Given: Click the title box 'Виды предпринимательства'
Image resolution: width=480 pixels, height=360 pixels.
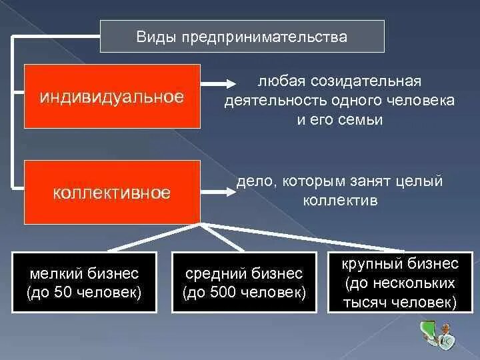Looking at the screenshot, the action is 242,37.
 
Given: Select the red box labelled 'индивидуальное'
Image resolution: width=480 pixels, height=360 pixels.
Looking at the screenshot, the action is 112,96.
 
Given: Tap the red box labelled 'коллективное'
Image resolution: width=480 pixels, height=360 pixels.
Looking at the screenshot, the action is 112,193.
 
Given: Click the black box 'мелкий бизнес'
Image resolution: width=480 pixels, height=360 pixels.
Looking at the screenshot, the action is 84,283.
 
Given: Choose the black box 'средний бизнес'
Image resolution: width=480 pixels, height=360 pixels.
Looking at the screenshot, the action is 244,283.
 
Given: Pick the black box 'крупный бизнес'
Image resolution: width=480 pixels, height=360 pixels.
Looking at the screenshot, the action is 400,283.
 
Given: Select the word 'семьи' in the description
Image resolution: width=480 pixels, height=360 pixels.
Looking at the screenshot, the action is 365,120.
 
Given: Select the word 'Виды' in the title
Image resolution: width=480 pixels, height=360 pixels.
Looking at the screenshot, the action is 151,37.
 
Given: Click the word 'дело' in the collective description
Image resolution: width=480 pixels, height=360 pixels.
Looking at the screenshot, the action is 257,181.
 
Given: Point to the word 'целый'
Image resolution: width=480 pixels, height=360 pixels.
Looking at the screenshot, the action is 424,181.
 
